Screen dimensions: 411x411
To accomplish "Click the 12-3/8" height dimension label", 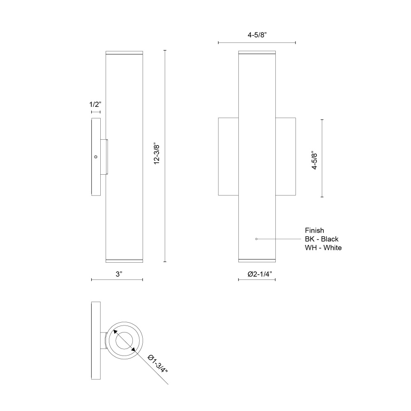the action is pos(157,155).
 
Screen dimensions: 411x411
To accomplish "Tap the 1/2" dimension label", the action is pos(95,104).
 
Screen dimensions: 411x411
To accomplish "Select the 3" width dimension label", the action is pos(119,274).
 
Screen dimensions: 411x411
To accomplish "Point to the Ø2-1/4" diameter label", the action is pos(260,274).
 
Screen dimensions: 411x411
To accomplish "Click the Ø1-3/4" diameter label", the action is pos(158,364).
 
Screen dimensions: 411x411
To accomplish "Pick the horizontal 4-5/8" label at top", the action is pos(257,35).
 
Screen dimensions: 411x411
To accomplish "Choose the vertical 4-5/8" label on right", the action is pos(314,160).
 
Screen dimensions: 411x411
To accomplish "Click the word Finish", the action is pos(314,231).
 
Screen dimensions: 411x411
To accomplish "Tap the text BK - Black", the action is pos(322,239).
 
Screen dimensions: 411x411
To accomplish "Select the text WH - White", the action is pos(323,248).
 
